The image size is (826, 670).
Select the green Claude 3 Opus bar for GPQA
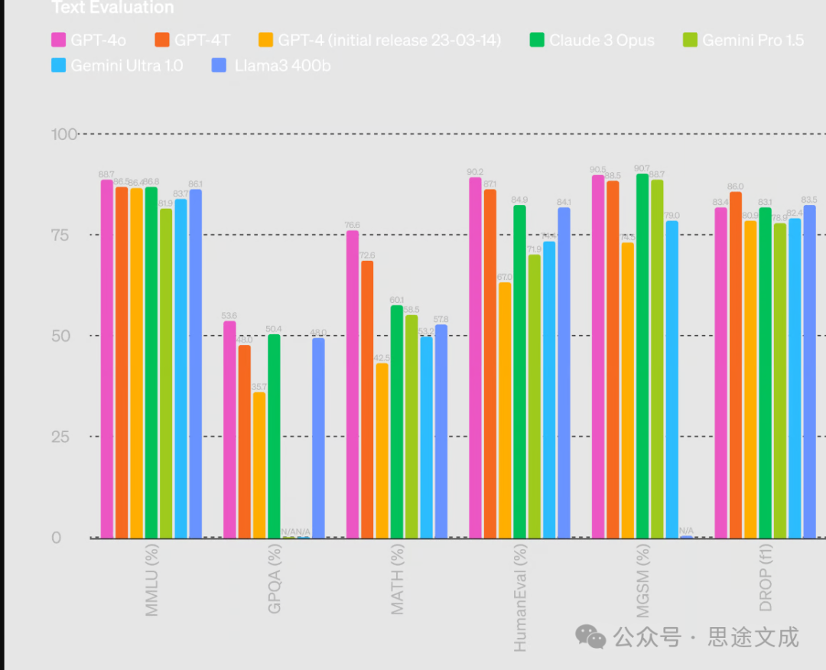point(274,436)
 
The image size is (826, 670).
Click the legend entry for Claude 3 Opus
point(593,40)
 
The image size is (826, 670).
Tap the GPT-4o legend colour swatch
point(58,40)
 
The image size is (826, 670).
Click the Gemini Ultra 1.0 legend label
point(126,65)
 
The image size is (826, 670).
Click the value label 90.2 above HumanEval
point(475,172)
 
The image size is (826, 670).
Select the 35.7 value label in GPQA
point(259,387)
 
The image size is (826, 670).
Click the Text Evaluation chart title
point(112,8)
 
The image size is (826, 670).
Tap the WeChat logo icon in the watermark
point(590,636)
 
